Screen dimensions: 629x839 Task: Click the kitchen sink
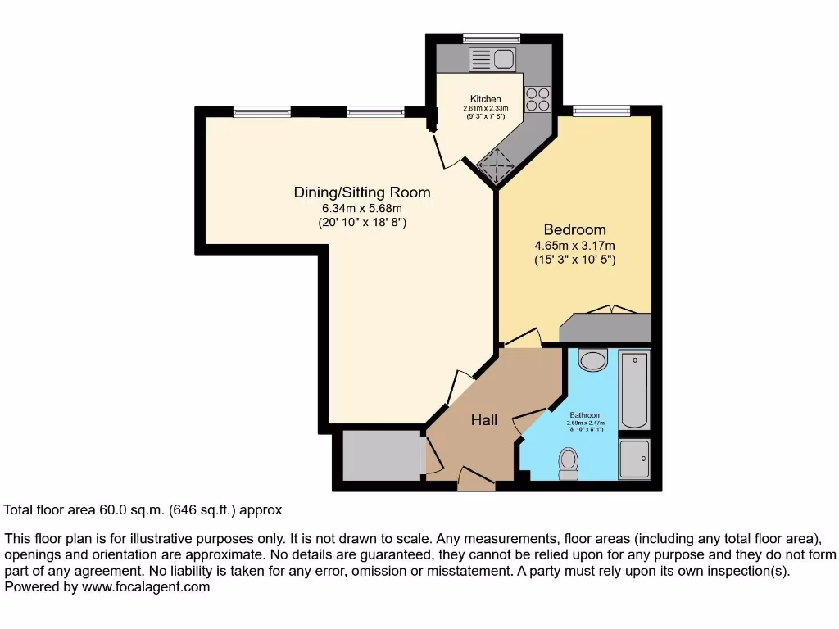point(492,58)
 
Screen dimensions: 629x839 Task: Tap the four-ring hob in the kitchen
point(538,99)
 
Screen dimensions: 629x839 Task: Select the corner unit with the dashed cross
point(495,166)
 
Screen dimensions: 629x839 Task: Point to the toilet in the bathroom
point(568,464)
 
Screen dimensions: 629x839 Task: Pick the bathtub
point(634,390)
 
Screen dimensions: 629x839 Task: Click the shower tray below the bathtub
point(634,459)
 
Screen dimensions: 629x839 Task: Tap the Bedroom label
point(574,229)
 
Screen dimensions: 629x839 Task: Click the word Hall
point(483,420)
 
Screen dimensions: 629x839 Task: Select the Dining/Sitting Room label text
point(361,192)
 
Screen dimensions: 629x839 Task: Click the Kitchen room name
point(485,99)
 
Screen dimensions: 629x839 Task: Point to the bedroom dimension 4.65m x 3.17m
point(574,245)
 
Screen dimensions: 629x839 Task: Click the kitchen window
point(492,38)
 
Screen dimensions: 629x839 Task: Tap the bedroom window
point(601,110)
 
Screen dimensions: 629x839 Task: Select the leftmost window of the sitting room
point(261,111)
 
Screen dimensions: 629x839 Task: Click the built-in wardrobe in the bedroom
point(607,328)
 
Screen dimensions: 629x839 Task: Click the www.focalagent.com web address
point(143,586)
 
